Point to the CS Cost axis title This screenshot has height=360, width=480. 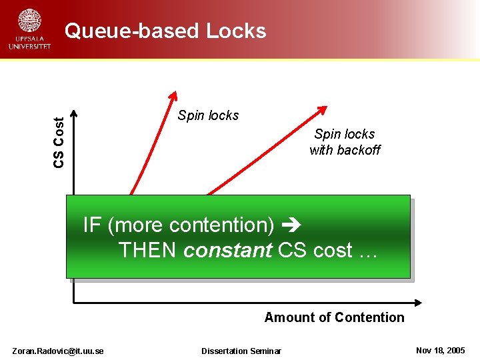[x=59, y=142]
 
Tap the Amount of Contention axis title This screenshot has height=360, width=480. [x=334, y=317]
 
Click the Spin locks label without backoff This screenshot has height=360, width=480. [x=208, y=115]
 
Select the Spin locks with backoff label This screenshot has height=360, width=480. [x=345, y=142]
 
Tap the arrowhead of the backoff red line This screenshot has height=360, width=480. [x=323, y=109]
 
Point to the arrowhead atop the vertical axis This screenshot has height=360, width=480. [x=74, y=113]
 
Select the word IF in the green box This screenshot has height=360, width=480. [x=92, y=225]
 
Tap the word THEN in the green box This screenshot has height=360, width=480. [x=148, y=251]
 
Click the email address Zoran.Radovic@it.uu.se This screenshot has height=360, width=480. [x=58, y=351]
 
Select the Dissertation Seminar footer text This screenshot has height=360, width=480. [x=241, y=351]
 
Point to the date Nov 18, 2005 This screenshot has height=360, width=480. [x=440, y=351]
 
